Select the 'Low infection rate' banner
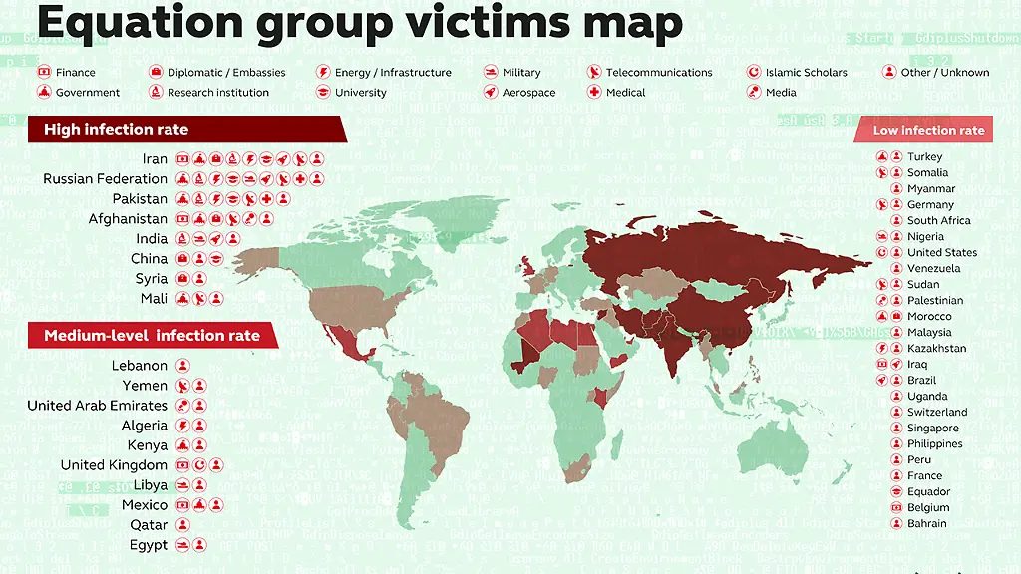coord(928,130)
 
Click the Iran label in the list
coord(155,159)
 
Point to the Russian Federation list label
coord(105,179)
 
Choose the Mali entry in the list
coord(154,299)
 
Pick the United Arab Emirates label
coord(97,406)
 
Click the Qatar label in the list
coord(149,525)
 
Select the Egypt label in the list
coord(149,545)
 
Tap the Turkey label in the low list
coord(924,157)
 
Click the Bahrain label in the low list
coord(926,524)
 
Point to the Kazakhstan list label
coord(936,349)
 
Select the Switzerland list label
coord(937,413)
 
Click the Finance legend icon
coord(44,73)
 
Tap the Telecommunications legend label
coord(659,73)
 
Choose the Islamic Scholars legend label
coord(806,73)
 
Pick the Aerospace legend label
coord(529,93)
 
